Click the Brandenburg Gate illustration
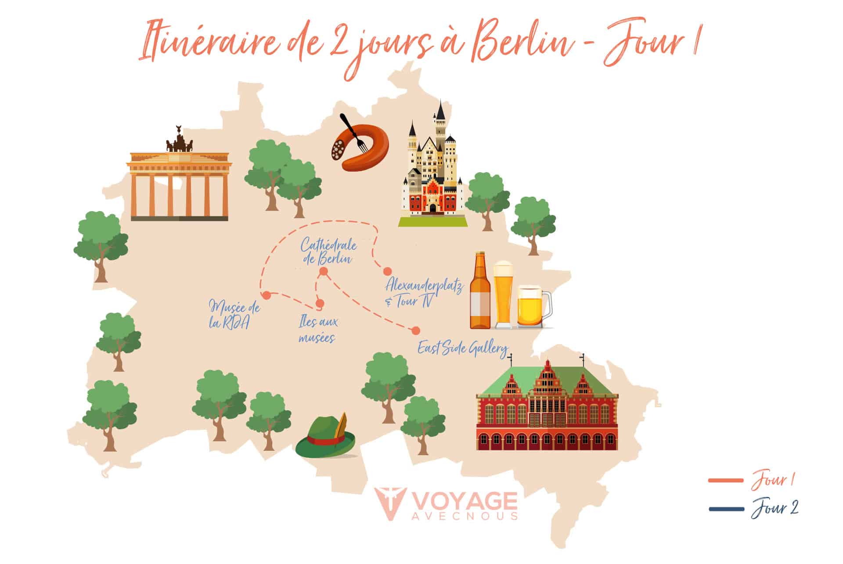click(179, 184)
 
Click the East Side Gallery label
click(462, 349)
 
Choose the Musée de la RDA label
click(234, 315)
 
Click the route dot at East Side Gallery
click(414, 330)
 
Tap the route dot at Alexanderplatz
click(387, 271)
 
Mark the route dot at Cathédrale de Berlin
click(324, 272)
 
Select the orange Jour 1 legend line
click(726, 481)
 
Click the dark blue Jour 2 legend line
click(726, 509)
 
